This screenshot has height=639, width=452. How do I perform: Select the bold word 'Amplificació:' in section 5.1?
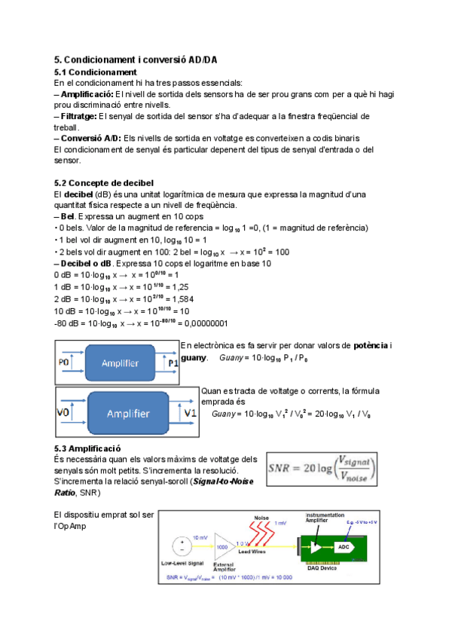[x=87, y=94]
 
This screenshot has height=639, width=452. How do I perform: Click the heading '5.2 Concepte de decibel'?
[x=104, y=183]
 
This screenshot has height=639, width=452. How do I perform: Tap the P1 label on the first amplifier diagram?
[x=173, y=362]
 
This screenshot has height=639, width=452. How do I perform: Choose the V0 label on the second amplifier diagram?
[x=64, y=414]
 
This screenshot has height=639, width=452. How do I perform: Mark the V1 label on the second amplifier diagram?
[x=190, y=414]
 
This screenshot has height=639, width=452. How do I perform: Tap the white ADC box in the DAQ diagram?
[x=343, y=546]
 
